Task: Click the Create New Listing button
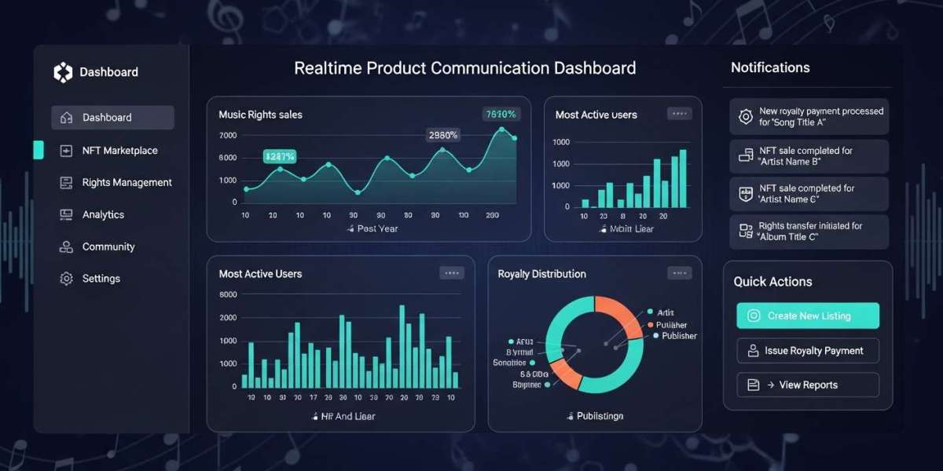coord(808,316)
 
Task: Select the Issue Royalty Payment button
coord(808,351)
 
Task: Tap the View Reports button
coord(808,385)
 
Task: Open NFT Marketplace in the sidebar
coord(119,150)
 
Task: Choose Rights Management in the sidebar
coord(127,182)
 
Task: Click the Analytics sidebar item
coord(103,214)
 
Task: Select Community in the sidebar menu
coord(108,246)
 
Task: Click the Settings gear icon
coord(67,279)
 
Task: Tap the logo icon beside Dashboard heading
coord(63,72)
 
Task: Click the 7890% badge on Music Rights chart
coord(501,115)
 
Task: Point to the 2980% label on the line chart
coord(442,135)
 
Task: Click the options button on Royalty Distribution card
coord(679,273)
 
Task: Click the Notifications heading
coord(770,68)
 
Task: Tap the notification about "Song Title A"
coord(809,117)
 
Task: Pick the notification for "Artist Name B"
coord(809,155)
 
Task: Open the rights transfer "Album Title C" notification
coord(809,232)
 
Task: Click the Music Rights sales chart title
coord(260,115)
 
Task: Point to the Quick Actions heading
coord(772,282)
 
